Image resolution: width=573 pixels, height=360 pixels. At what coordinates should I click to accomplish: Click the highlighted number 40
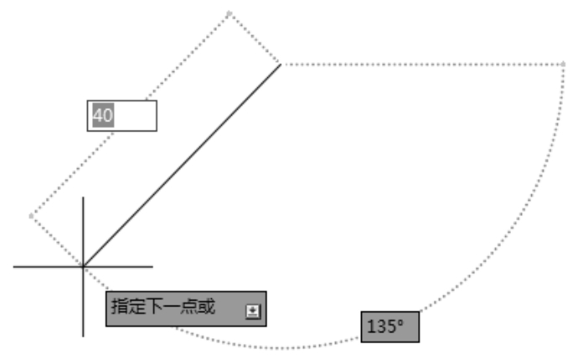point(102,116)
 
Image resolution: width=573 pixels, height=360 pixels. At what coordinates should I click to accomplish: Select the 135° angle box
point(390,327)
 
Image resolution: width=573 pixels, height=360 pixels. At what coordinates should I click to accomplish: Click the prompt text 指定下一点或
point(163,308)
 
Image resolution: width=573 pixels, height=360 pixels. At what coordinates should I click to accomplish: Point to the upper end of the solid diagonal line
point(281,64)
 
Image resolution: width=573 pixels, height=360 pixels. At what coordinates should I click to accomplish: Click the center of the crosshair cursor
point(83,267)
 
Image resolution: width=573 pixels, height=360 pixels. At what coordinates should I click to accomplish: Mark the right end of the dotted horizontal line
point(564,64)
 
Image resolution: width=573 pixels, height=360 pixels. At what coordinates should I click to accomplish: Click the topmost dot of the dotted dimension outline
point(230,13)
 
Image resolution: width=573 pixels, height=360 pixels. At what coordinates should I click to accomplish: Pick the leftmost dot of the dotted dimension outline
point(32,216)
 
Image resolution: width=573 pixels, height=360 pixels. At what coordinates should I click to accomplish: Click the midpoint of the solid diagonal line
point(182,166)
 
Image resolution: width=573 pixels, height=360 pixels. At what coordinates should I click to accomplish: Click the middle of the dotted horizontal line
point(422,64)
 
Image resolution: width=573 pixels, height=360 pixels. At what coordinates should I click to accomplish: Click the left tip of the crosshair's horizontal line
point(15,267)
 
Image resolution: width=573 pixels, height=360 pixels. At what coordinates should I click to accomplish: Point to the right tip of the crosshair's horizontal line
point(152,267)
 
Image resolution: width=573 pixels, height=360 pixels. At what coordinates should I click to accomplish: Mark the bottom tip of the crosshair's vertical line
point(83,335)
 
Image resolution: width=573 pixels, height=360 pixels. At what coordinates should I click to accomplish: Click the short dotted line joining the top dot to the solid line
point(256,39)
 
